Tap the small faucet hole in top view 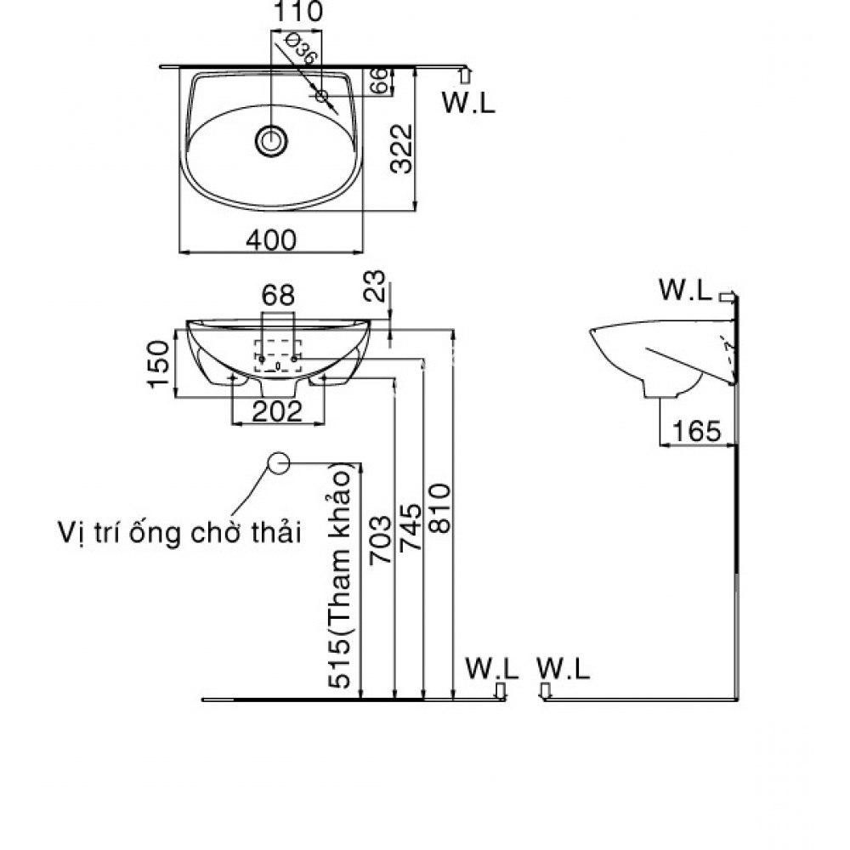[322, 96]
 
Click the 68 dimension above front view [278, 296]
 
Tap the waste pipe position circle [278, 462]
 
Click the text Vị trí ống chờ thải [180, 533]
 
